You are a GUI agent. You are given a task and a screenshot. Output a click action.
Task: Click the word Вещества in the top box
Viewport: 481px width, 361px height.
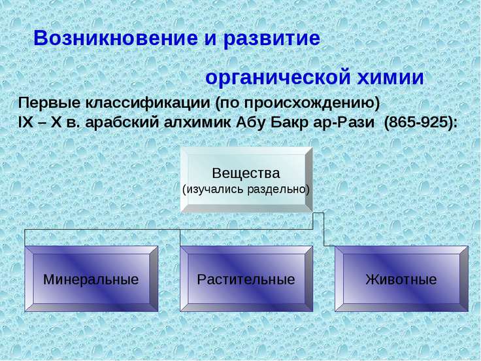pyautogui.click(x=246, y=173)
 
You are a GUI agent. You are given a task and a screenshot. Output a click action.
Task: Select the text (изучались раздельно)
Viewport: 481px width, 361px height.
pyautogui.click(x=246, y=189)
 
